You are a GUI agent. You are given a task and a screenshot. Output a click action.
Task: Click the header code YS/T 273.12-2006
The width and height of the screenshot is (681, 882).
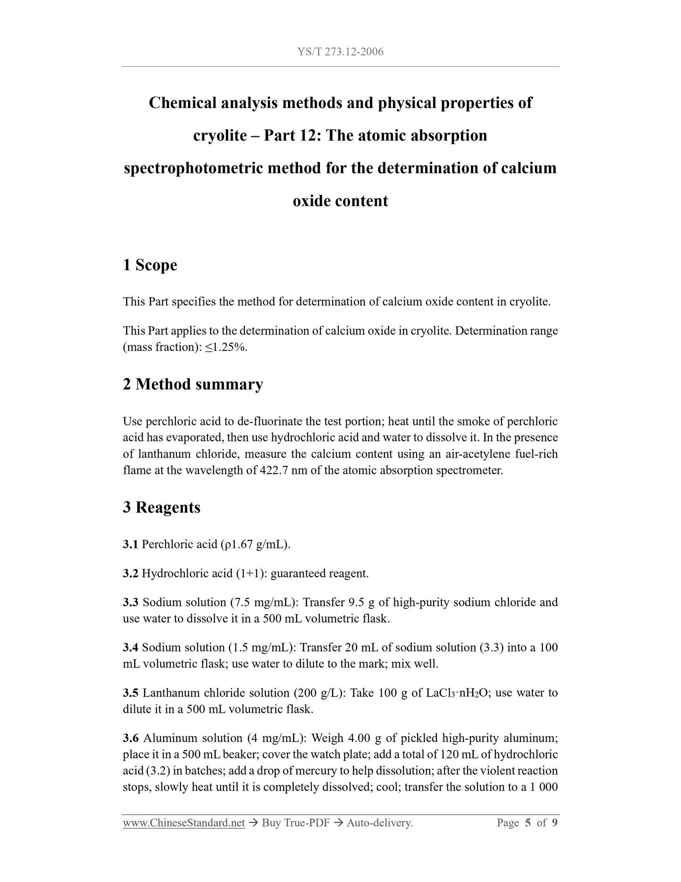coord(340,52)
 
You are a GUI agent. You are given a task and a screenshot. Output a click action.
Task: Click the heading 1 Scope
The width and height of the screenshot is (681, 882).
coord(150,265)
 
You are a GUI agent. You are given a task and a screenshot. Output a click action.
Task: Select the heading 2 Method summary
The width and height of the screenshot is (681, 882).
coord(193,384)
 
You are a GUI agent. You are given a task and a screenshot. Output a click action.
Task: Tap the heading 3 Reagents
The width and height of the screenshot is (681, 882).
coord(162,508)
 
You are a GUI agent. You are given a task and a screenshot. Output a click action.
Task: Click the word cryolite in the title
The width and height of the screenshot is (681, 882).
coord(220,136)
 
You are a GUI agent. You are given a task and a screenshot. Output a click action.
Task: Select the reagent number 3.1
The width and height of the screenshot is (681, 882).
coord(131,545)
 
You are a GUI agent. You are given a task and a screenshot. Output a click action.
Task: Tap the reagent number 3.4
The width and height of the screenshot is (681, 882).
coord(131,648)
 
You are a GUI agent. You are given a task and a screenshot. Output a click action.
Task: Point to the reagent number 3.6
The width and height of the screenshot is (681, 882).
coord(131,738)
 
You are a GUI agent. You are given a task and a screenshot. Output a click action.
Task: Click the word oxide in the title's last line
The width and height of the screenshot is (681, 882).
coord(312,201)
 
